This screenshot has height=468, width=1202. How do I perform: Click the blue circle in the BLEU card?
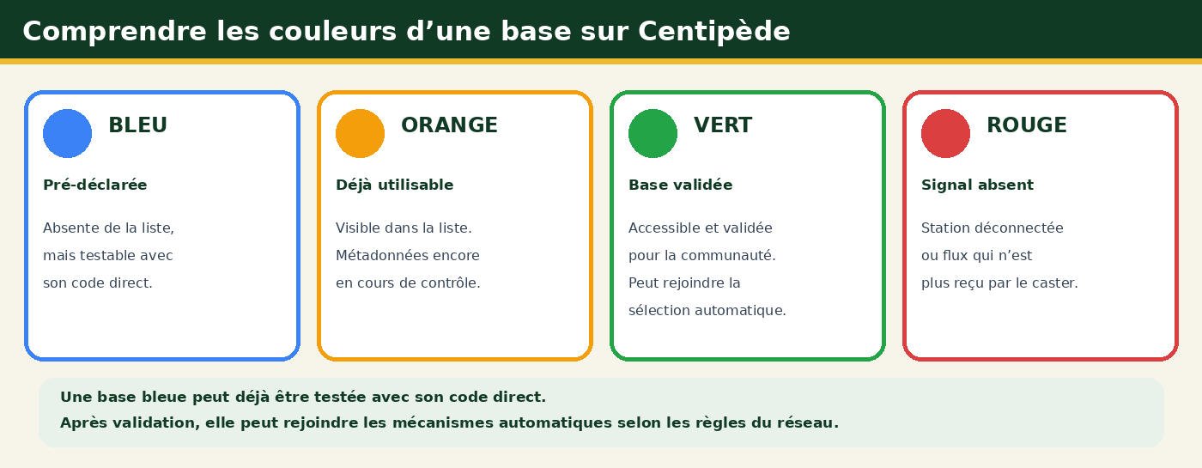click(67, 134)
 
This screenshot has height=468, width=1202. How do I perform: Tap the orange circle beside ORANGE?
click(360, 134)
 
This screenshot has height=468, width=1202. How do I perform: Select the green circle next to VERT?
click(653, 134)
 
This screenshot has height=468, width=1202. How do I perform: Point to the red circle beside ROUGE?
click(945, 134)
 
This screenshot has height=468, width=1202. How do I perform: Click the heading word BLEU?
click(138, 125)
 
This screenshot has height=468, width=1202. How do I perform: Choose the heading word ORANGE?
click(450, 125)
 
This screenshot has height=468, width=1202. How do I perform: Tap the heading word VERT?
click(723, 125)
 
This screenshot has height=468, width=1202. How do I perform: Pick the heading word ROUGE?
click(1027, 125)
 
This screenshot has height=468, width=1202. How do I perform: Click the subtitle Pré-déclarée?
click(95, 185)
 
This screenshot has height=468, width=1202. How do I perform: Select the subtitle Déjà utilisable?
click(394, 185)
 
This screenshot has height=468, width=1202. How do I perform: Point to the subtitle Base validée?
click(680, 185)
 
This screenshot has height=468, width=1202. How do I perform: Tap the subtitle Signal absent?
click(977, 185)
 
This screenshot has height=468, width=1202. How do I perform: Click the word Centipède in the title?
click(713, 32)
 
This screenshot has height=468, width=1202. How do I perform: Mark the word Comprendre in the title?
click(114, 32)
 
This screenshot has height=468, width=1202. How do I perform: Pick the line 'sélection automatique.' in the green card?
click(707, 311)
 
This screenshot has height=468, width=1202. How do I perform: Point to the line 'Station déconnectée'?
click(993, 228)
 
